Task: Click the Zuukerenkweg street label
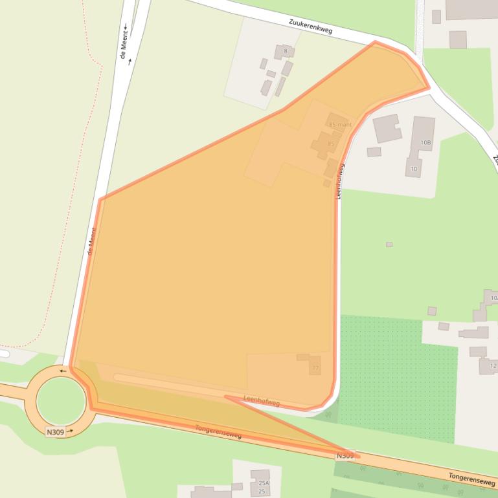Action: pyautogui.click(x=310, y=25)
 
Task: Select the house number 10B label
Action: pyautogui.click(x=425, y=142)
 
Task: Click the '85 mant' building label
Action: pyautogui.click(x=339, y=124)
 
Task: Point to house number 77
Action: pyautogui.click(x=315, y=368)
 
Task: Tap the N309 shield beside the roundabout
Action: pyautogui.click(x=55, y=431)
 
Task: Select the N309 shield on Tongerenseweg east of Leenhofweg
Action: pyautogui.click(x=345, y=456)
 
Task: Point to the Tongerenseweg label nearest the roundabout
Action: pyautogui.click(x=218, y=432)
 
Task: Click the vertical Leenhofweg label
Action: pyautogui.click(x=339, y=180)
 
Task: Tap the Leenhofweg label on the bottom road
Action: pyautogui.click(x=261, y=401)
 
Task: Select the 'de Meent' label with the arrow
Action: pyautogui.click(x=125, y=43)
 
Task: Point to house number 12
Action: pyautogui.click(x=493, y=366)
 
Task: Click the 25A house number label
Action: pyautogui.click(x=263, y=483)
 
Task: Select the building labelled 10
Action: pyautogui.click(x=414, y=169)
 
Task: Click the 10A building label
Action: pyautogui.click(x=494, y=298)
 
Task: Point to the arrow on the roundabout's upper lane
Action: pyautogui.click(x=63, y=371)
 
